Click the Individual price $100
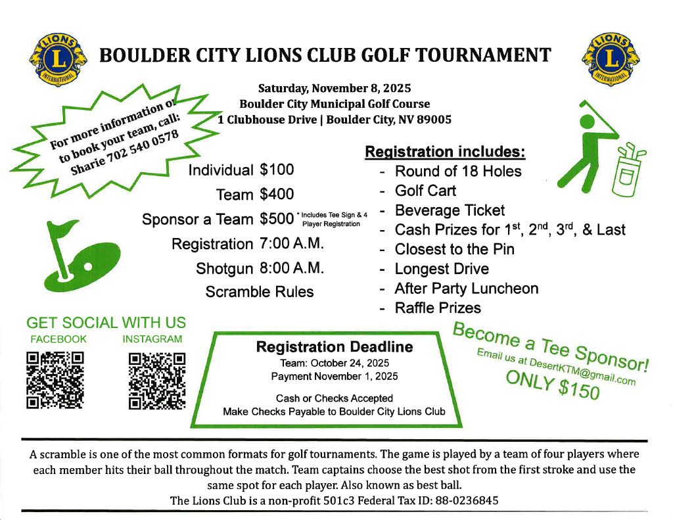(x=277, y=170)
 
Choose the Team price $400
(x=277, y=195)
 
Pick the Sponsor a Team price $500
(x=277, y=219)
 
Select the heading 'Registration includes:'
(x=445, y=152)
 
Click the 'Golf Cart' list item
(x=425, y=191)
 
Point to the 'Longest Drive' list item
(x=442, y=269)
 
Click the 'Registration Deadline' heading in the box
(x=334, y=346)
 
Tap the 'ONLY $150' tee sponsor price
(x=552, y=384)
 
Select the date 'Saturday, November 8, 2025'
(x=335, y=88)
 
